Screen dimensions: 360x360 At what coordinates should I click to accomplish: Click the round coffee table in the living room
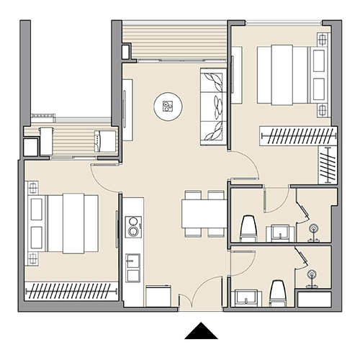167,107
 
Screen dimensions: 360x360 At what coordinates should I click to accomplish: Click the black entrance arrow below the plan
201,331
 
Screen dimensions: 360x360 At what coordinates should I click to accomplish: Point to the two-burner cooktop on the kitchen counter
132,228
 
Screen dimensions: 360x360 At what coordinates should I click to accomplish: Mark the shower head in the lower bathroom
312,276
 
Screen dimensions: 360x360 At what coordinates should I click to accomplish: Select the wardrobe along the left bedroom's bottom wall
71,291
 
